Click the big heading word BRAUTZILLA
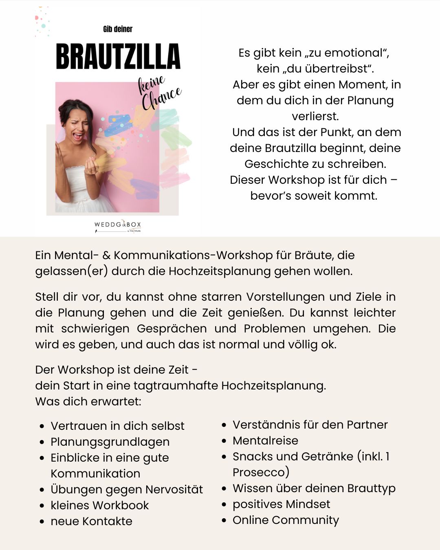point(118,57)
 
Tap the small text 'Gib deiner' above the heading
point(118,29)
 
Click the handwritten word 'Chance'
point(161,98)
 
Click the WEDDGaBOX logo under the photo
point(118,225)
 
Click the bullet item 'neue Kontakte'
point(91,521)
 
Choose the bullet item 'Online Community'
point(286,520)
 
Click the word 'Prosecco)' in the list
point(261,472)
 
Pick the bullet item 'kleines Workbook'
point(99,505)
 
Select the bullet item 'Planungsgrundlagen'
point(110,442)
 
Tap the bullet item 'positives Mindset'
point(281,504)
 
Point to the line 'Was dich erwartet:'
point(88,401)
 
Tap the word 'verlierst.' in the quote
point(315,116)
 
